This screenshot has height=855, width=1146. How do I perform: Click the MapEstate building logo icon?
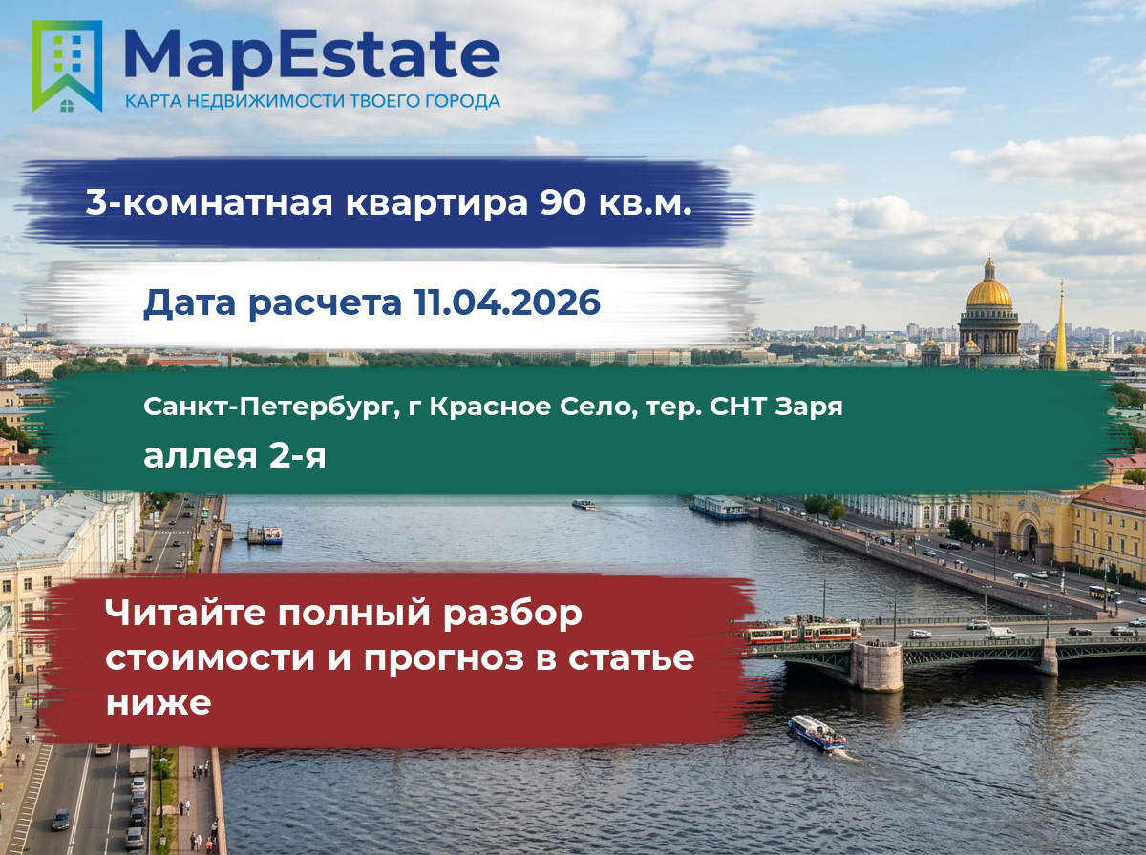[x=67, y=66]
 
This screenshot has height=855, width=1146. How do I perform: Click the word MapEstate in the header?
[x=311, y=57]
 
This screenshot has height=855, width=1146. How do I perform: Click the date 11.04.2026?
[x=506, y=302]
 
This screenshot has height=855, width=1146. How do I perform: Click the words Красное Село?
[x=528, y=407]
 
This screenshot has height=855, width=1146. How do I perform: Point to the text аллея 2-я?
[x=235, y=456]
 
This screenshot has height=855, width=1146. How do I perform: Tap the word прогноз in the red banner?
[x=443, y=659]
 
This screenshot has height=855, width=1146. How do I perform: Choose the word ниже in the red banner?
[x=159, y=702]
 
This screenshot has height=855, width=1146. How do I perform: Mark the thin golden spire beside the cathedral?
[x=1061, y=325]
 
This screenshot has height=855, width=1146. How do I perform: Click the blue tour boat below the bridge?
[x=816, y=733]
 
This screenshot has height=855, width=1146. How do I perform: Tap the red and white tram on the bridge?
[x=803, y=633]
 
